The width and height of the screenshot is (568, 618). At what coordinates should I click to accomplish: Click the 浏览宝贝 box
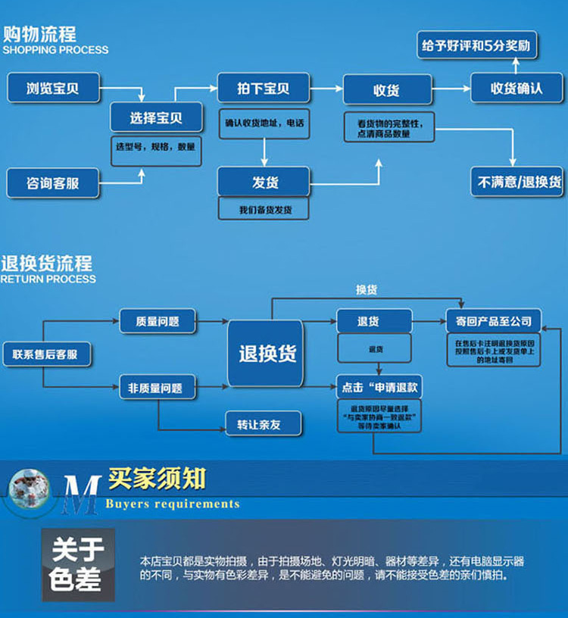point(53,88)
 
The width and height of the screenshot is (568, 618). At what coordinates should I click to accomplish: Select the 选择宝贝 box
point(156,117)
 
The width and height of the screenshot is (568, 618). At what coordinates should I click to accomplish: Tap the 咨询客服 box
point(53,183)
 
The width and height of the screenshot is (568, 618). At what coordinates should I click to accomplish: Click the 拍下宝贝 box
point(264,88)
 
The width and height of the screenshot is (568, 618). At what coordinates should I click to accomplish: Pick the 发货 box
point(264,183)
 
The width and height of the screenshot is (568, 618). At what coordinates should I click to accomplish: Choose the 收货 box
point(387,90)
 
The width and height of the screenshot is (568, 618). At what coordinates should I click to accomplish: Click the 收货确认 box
point(517,88)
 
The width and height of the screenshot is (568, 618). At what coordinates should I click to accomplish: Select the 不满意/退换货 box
point(517,183)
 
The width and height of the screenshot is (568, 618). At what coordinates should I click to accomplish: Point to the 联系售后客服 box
point(46,354)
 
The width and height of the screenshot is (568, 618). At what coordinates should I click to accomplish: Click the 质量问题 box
point(158,321)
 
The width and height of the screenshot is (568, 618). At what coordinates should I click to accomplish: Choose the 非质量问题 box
point(158,388)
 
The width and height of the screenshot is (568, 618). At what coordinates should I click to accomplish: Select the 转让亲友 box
point(263,424)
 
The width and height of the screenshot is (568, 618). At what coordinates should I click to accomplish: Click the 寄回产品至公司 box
point(493,321)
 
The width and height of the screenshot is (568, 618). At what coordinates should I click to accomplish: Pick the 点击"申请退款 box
point(379,387)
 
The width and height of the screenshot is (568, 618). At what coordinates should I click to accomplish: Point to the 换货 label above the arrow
point(367,290)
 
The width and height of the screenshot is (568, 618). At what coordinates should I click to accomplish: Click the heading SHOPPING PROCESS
point(55,50)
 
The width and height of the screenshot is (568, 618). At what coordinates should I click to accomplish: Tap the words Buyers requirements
point(173,504)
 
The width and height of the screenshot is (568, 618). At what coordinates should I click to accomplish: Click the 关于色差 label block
point(76,565)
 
